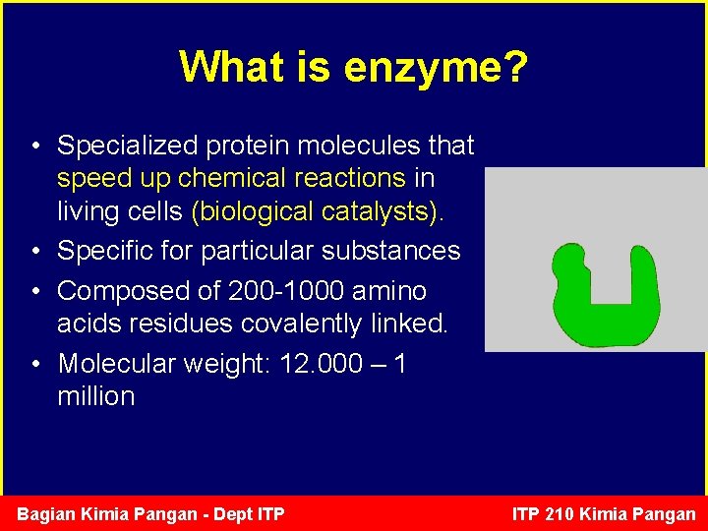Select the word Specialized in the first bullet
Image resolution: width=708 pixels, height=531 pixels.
coord(127,146)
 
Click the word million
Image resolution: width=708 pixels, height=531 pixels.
coord(95,396)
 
